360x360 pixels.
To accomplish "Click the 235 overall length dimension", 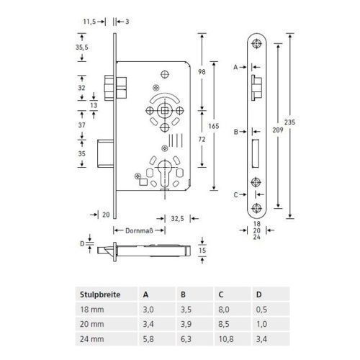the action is (289, 122).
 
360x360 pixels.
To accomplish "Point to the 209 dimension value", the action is (278, 130).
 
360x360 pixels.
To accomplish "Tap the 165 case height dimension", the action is (214, 126).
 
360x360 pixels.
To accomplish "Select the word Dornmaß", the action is (139, 231).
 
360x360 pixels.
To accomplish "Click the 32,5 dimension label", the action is (177, 219).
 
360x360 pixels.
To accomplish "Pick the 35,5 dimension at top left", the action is (82, 48).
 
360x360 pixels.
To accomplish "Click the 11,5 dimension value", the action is (89, 22).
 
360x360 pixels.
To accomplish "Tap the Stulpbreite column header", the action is (100, 294).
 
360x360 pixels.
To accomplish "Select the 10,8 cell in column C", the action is (226, 339).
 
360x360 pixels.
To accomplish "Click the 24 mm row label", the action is (92, 339).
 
